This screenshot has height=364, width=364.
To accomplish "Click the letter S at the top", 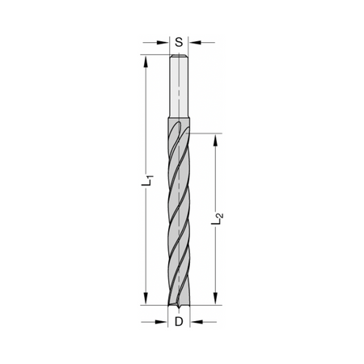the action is (179, 42).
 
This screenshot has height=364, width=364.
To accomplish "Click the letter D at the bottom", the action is (179, 321).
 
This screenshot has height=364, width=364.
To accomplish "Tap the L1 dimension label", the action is (147, 180).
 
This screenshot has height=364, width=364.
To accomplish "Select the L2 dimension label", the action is (217, 218).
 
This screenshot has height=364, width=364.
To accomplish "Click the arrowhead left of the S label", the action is (163, 42).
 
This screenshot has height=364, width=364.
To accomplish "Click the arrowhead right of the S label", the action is (194, 42).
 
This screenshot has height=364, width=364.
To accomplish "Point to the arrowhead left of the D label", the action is (162, 322).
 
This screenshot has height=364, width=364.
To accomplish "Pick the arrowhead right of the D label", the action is (196, 322).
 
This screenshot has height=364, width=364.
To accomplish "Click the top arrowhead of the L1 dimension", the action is (146, 61).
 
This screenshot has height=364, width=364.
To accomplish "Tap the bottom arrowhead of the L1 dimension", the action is (146, 298).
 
